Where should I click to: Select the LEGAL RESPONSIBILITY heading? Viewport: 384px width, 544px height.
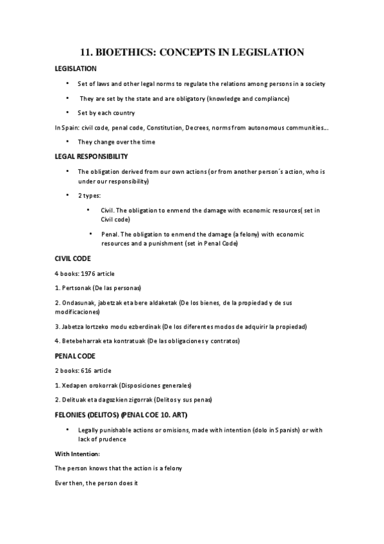click(x=92, y=156)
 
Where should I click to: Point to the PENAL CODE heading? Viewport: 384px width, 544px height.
click(x=74, y=355)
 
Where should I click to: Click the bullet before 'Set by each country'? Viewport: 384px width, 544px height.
click(x=67, y=112)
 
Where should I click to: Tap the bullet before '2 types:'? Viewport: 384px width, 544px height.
click(x=67, y=194)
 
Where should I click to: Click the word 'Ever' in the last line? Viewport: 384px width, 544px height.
click(x=62, y=482)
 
